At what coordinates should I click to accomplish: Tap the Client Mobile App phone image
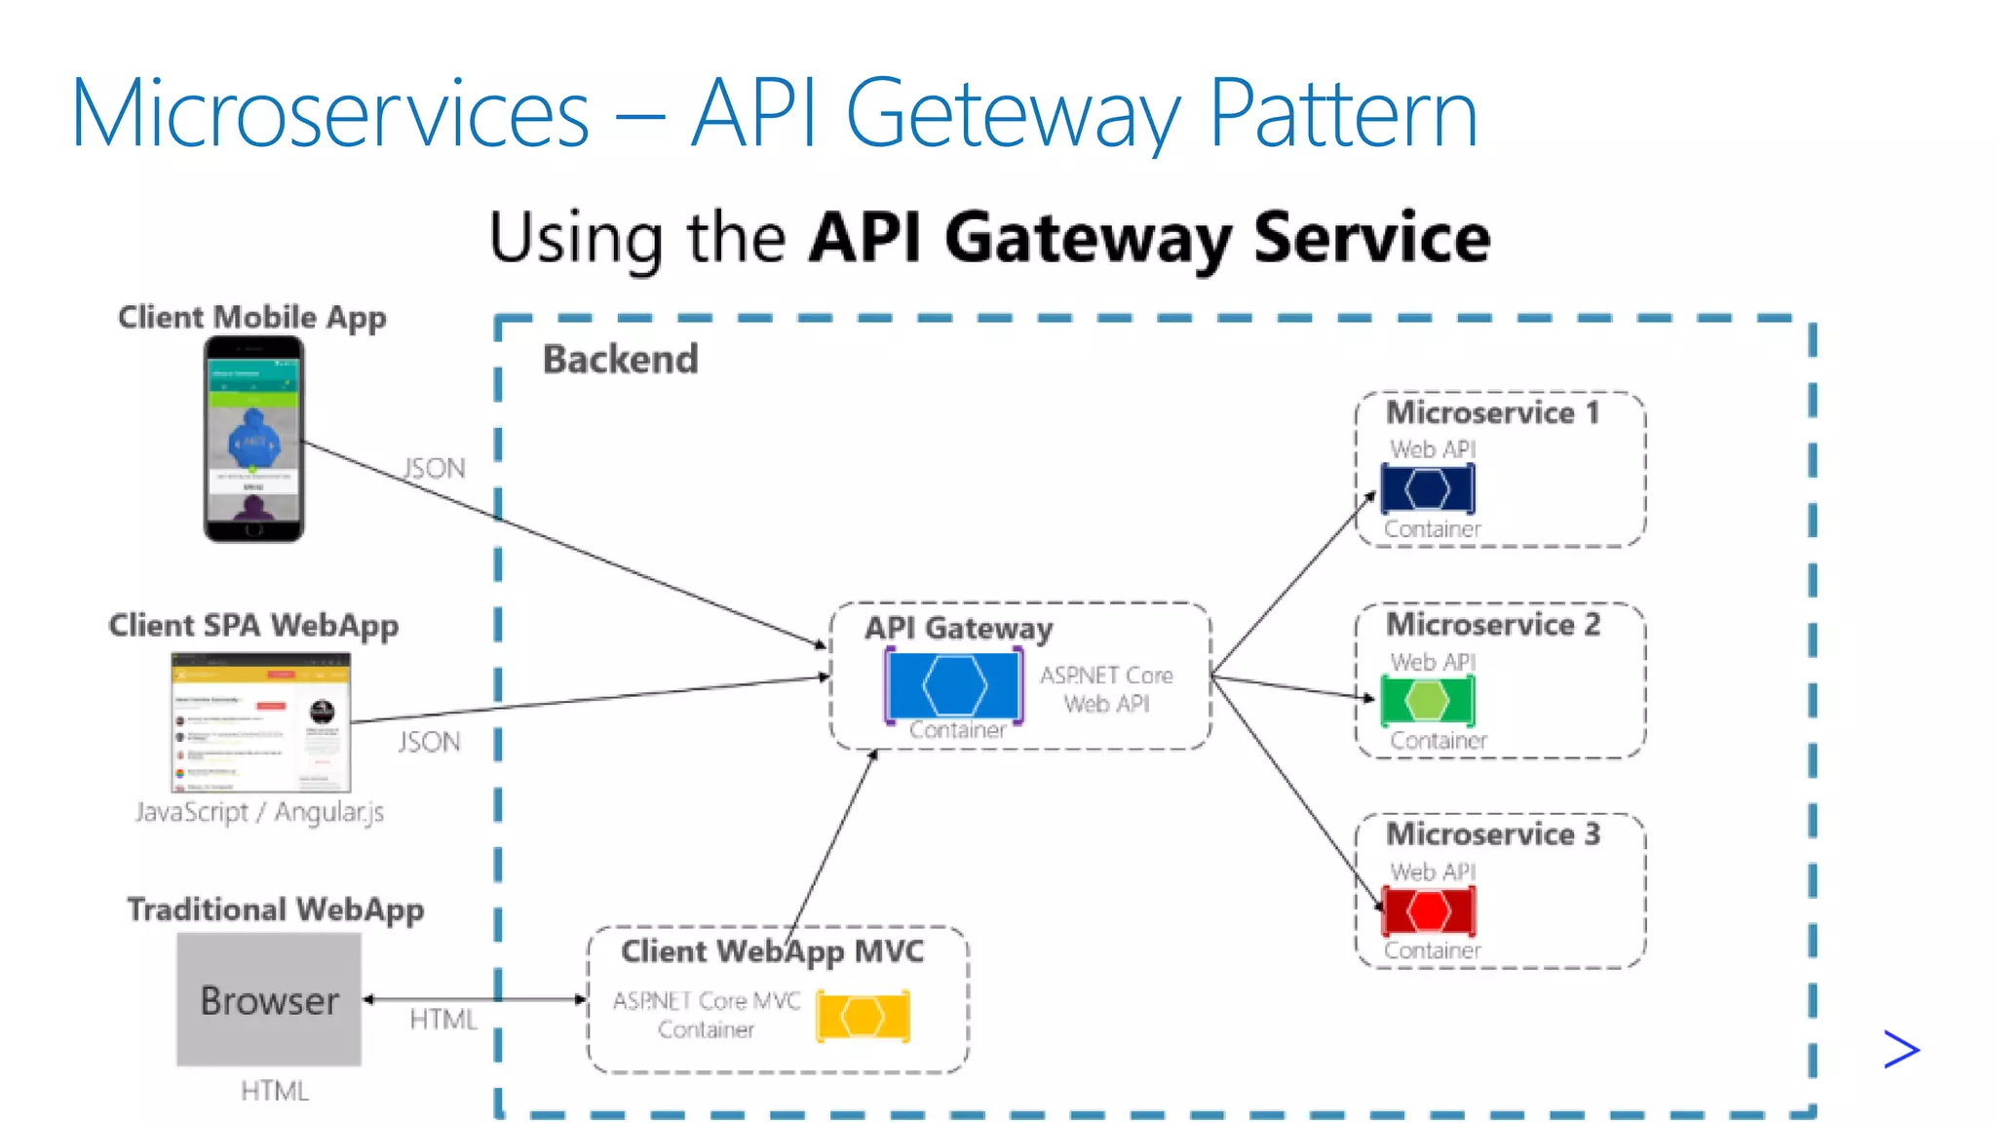click(x=253, y=439)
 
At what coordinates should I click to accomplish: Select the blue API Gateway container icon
click(x=954, y=685)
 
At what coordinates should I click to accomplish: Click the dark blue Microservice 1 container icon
click(x=1428, y=488)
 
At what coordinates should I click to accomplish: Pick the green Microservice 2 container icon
click(x=1428, y=700)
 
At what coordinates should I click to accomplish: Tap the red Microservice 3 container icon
click(x=1429, y=911)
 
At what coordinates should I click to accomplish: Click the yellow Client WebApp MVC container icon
click(x=863, y=1016)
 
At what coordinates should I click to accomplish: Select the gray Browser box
click(x=269, y=999)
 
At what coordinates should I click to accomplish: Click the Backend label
click(x=620, y=360)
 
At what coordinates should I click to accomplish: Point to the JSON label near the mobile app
click(x=435, y=469)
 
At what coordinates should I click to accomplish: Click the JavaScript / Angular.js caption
click(x=259, y=812)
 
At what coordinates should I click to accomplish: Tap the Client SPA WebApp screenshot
click(x=260, y=722)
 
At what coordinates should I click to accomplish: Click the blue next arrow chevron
click(x=1900, y=1050)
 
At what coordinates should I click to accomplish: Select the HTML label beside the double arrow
click(x=443, y=1020)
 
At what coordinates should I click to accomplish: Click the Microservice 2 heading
click(x=1493, y=624)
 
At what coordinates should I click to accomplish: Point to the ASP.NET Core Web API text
click(x=1106, y=689)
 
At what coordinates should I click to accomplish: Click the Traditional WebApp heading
click(x=276, y=910)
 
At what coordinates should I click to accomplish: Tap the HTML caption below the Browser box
click(x=275, y=1091)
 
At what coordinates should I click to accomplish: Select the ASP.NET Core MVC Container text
click(x=707, y=1015)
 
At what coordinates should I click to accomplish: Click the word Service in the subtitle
click(x=1371, y=238)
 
